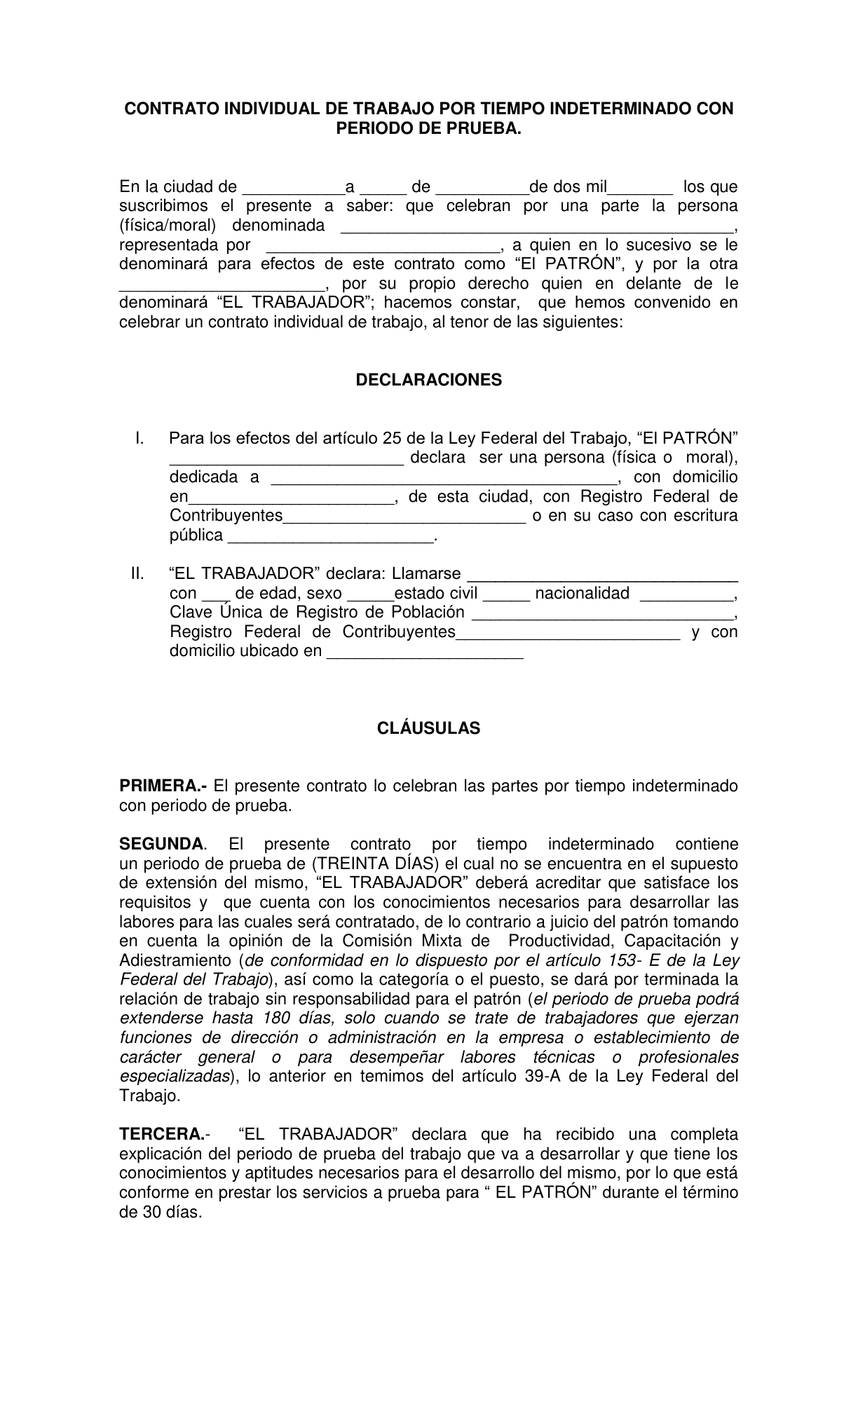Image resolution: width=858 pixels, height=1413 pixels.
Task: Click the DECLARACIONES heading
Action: click(428, 380)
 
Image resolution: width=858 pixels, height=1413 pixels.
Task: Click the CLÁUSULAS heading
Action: click(428, 728)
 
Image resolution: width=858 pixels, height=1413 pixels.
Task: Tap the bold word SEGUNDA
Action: click(161, 844)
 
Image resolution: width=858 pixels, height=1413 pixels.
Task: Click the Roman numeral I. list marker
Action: click(139, 438)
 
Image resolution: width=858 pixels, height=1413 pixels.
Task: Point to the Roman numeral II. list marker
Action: click(137, 573)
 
